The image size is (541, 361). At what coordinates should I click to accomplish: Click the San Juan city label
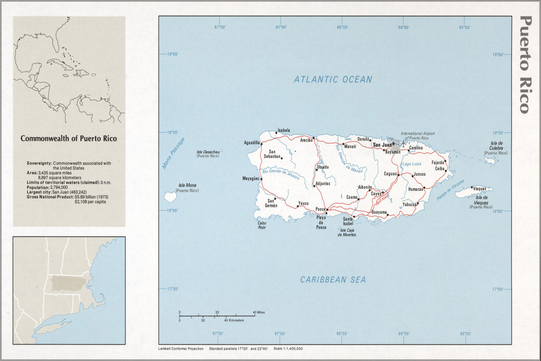point(381,145)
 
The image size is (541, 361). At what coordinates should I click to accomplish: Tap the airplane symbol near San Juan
point(403,144)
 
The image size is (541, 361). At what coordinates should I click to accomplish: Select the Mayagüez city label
point(250,178)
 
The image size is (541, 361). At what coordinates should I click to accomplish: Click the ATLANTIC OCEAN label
point(333,79)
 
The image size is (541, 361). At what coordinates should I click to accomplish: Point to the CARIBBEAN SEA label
point(333,279)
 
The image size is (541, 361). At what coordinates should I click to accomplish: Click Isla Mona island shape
point(170,197)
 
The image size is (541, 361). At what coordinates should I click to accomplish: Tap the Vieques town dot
point(472,187)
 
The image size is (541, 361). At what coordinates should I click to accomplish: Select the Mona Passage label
point(173,153)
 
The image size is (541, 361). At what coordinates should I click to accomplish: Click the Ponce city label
point(320,209)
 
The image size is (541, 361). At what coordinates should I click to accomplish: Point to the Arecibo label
point(306,140)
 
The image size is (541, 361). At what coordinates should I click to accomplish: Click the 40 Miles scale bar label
point(259,312)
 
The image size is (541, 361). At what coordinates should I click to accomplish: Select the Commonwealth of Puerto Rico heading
point(69,139)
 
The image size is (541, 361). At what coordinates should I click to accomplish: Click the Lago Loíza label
point(412,164)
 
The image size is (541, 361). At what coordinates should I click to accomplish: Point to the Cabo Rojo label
point(262,225)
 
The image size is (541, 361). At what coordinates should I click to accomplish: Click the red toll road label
point(382,198)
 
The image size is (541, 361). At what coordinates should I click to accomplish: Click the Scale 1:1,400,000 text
point(288,349)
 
